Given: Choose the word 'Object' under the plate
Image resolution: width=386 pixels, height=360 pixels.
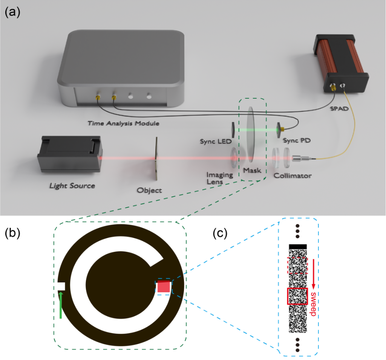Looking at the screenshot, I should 150,190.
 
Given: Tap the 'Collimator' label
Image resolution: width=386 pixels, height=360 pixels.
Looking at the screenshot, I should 292,176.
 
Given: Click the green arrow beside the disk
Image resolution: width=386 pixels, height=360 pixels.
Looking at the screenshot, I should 60,305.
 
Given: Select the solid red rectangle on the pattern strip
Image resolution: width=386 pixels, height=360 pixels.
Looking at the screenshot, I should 298,296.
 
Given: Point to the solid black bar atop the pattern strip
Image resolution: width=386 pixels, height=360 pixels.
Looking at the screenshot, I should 298,246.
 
